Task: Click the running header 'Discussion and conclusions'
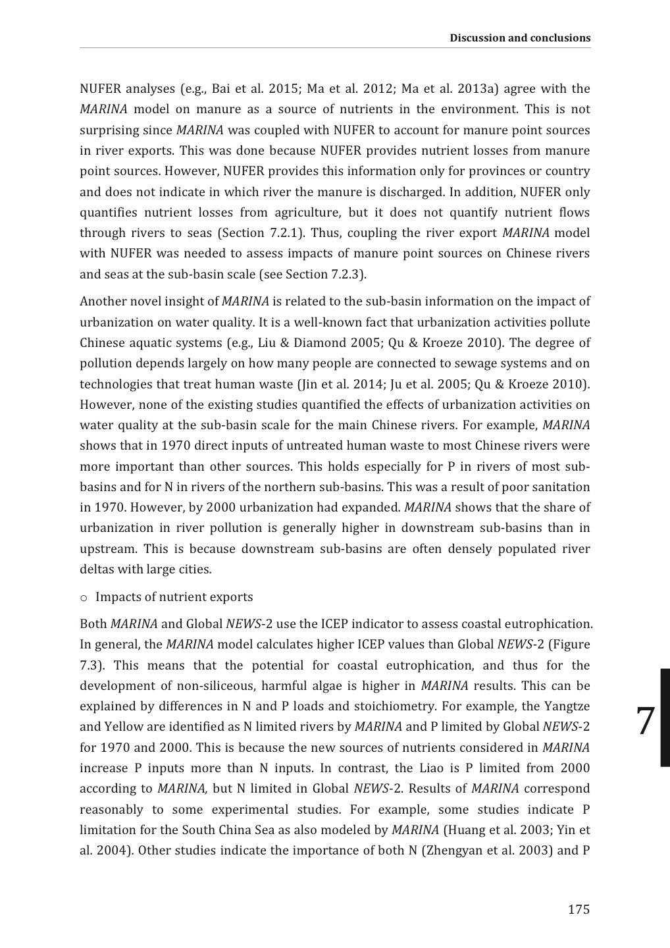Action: click(x=520, y=38)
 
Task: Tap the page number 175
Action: click(x=579, y=909)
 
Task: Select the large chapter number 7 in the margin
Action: click(x=646, y=722)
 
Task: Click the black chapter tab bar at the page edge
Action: click(x=665, y=718)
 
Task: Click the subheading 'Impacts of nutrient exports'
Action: click(x=174, y=597)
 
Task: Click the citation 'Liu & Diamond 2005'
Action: click(x=283, y=343)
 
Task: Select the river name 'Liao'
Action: click(x=433, y=768)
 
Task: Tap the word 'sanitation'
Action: click(x=561, y=487)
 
